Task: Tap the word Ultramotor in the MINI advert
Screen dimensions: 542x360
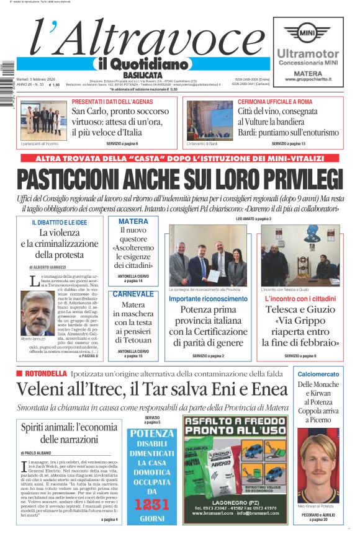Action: pos(308,55)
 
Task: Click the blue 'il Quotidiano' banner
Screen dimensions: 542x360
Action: pos(143,64)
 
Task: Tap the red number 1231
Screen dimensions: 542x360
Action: pos(152,504)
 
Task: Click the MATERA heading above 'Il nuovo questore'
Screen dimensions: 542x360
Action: pos(133,221)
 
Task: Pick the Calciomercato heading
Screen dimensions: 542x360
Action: pos(318,375)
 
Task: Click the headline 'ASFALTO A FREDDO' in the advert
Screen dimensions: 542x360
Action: pos(236,425)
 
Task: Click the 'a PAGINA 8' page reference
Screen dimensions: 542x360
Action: pos(88,356)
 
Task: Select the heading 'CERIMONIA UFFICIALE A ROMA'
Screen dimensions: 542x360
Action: pos(275,101)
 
